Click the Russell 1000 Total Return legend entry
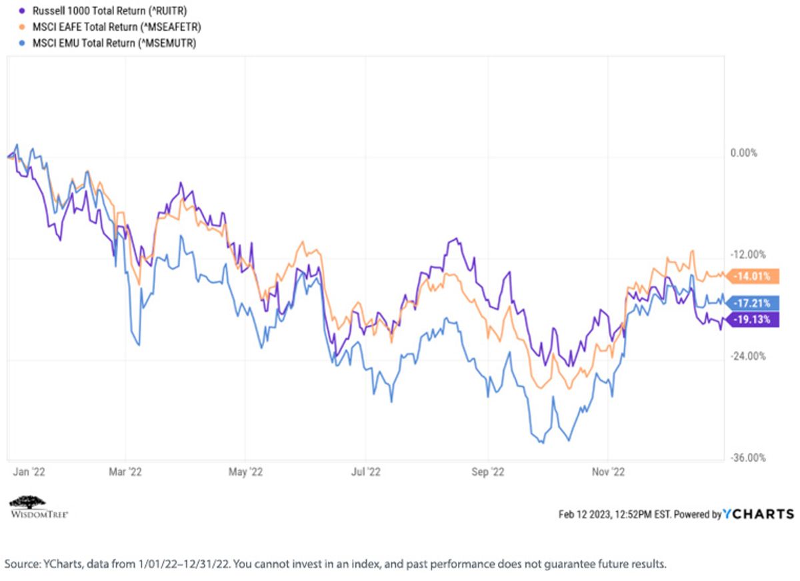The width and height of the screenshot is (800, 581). click(x=109, y=11)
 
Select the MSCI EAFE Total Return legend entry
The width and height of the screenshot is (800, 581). click(x=117, y=27)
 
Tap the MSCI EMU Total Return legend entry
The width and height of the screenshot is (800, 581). click(x=114, y=43)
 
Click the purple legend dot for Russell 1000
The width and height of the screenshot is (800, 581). click(x=22, y=11)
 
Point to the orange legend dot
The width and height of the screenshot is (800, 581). click(x=22, y=27)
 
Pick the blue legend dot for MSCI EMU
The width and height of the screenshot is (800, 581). click(x=22, y=43)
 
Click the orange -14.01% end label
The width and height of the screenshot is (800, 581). click(x=753, y=276)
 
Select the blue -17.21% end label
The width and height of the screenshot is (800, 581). click(x=753, y=304)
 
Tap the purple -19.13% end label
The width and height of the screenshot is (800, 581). click(x=753, y=320)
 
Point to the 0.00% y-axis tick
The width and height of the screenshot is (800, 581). click(x=743, y=153)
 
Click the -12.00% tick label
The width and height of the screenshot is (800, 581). click(x=748, y=254)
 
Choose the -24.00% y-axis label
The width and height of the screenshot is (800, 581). click(x=748, y=356)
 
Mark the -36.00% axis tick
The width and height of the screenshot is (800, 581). click(x=748, y=458)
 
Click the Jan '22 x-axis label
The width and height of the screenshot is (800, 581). click(x=29, y=472)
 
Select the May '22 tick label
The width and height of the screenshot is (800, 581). click(x=245, y=472)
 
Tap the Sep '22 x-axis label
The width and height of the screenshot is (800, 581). click(x=487, y=472)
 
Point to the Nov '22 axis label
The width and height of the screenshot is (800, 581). click(x=608, y=472)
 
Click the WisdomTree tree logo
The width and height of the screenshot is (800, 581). click(x=28, y=502)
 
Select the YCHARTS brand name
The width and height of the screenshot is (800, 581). click(x=758, y=514)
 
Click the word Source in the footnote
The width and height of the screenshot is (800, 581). click(x=23, y=564)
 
